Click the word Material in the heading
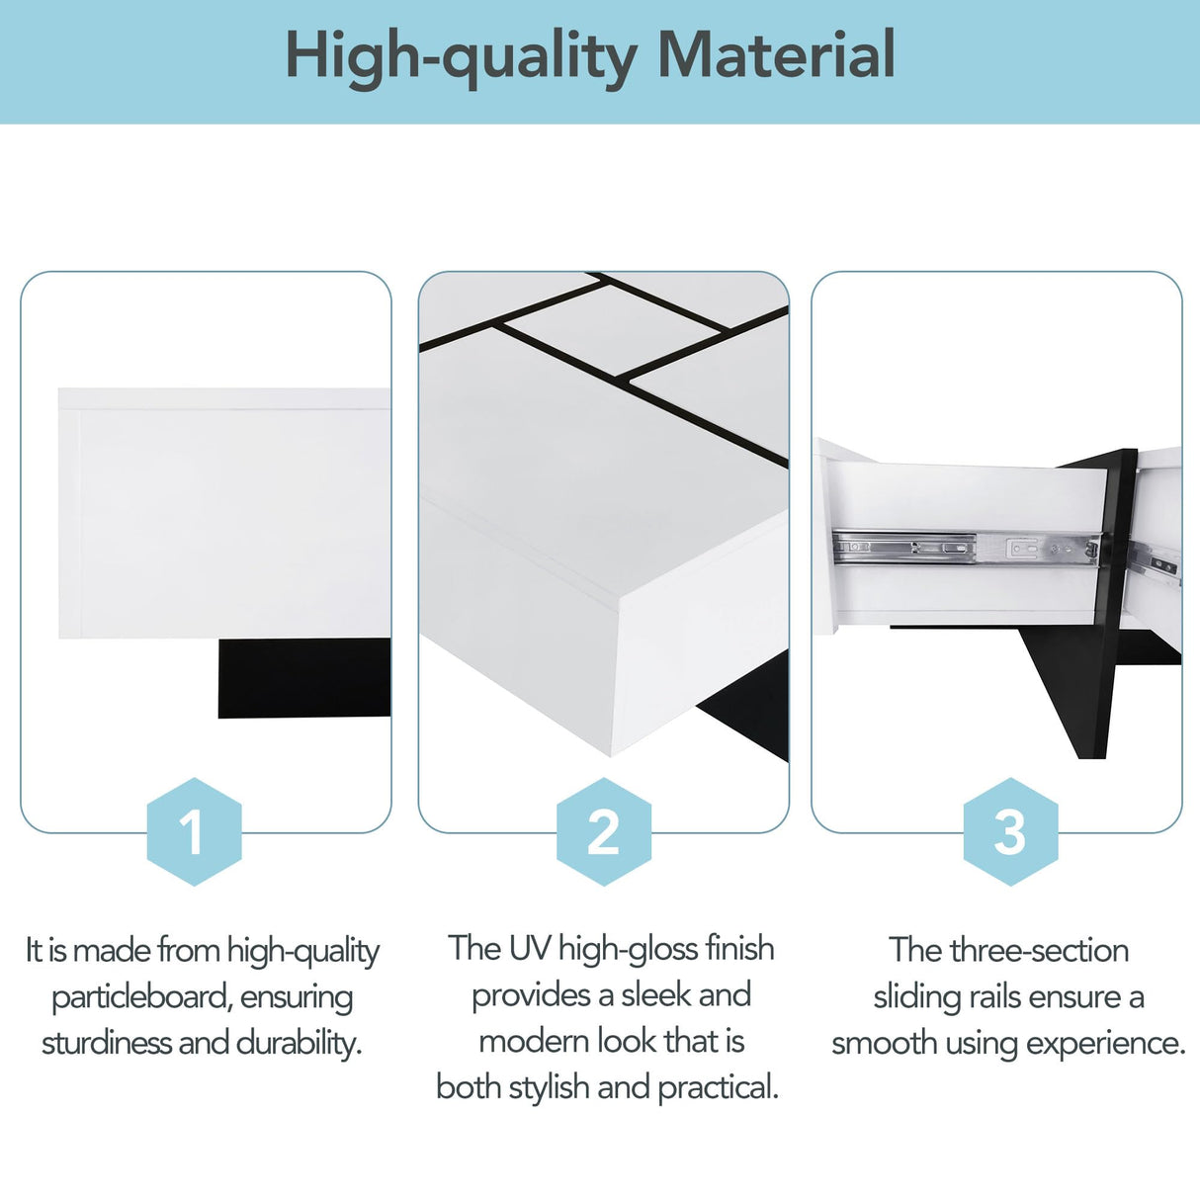point(776,55)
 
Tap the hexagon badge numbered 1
point(194,831)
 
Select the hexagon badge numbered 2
point(603,831)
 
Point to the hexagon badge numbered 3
point(1010,831)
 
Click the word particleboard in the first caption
point(139,997)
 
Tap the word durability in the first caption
point(299,1043)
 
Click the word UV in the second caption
point(530,949)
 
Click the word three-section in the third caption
point(1039,951)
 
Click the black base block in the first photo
point(303,678)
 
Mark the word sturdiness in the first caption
point(107,1043)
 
